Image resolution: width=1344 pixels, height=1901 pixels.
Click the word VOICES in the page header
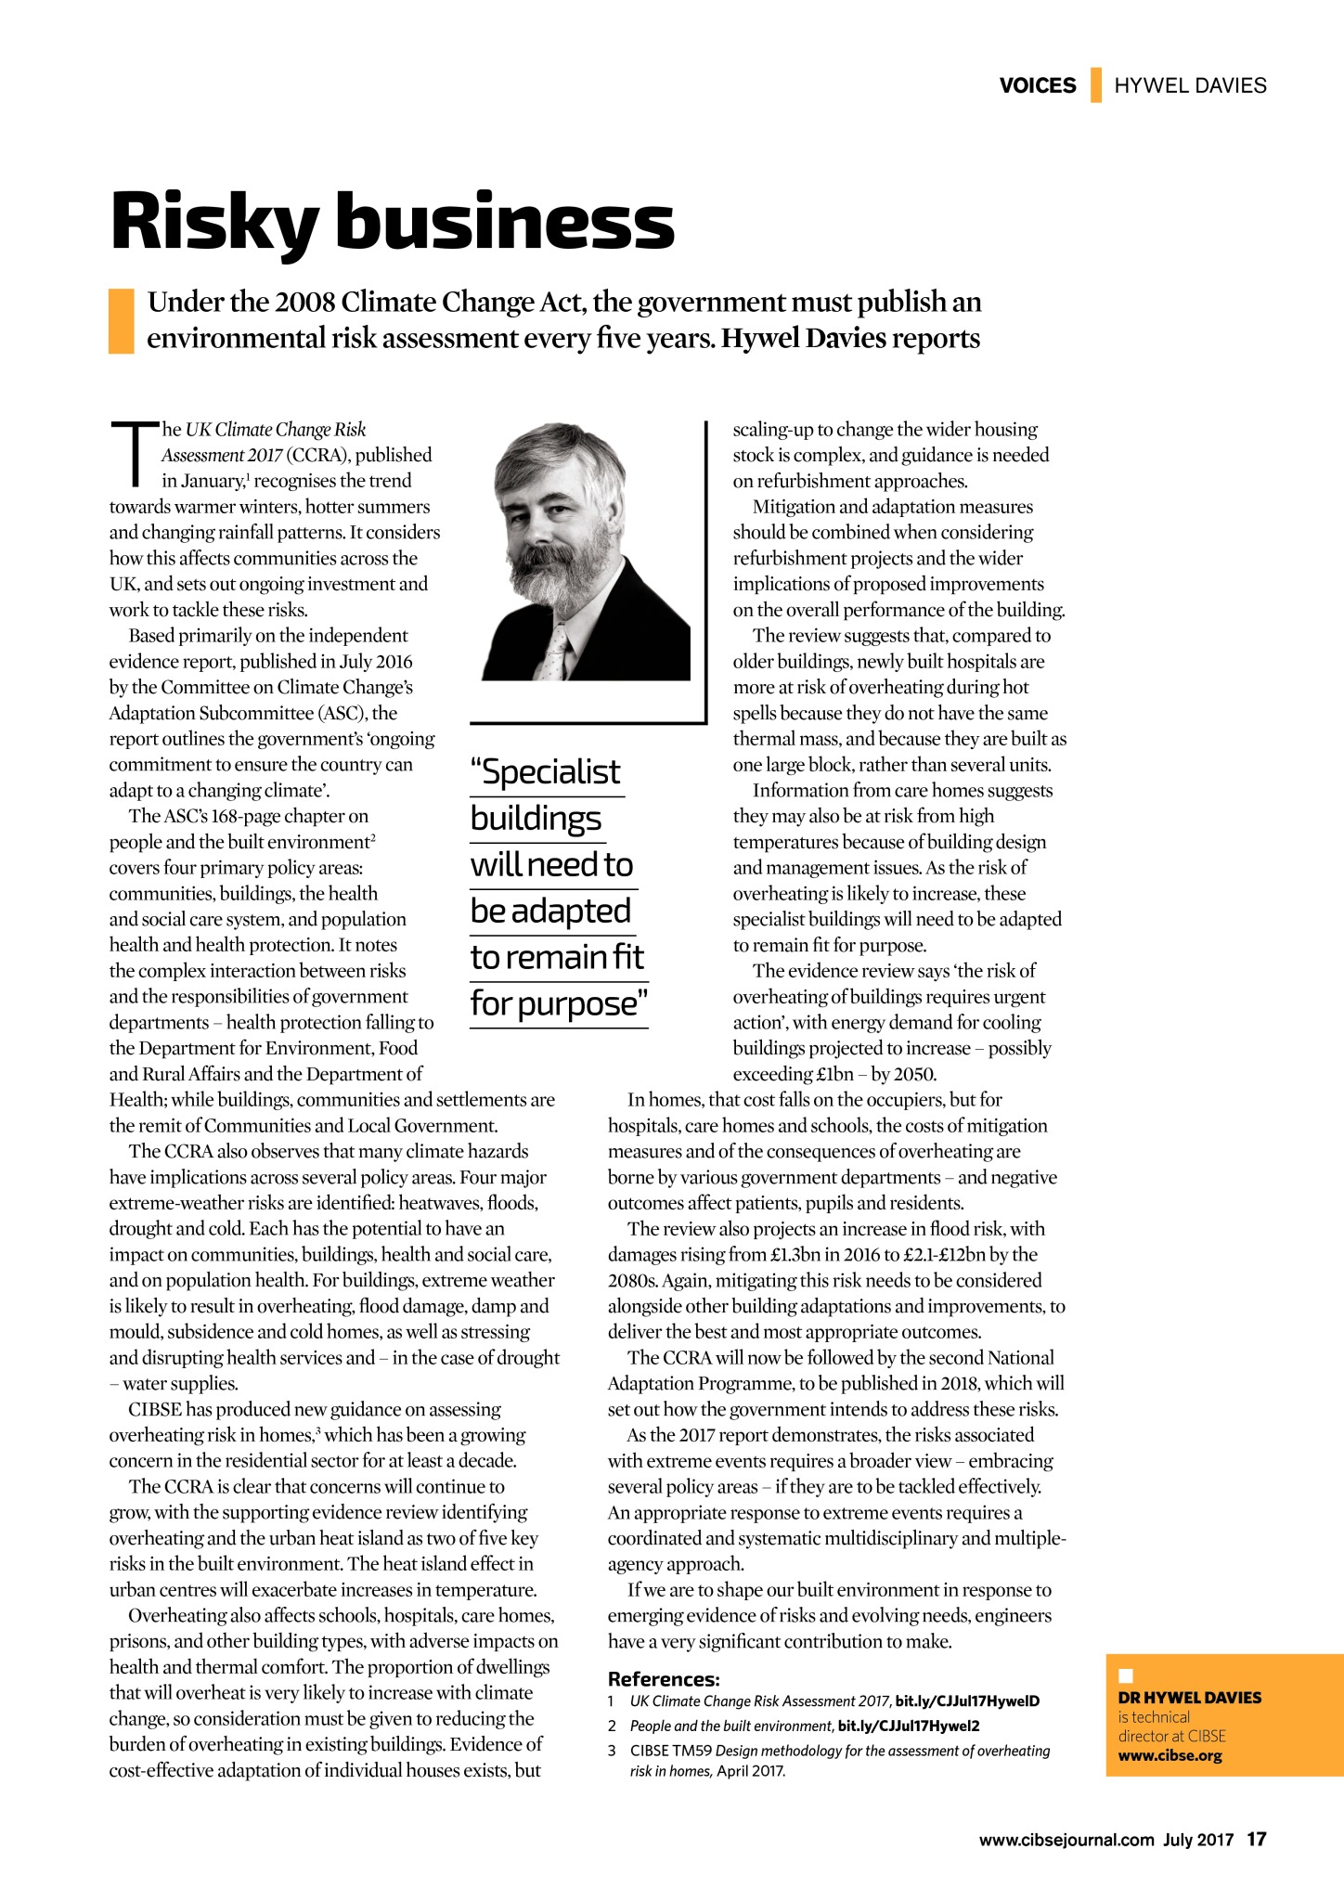(x=1037, y=85)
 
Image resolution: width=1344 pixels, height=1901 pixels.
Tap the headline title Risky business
(x=392, y=223)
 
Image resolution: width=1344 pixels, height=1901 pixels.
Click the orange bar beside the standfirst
(x=122, y=320)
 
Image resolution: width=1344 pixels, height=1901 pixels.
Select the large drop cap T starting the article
(x=134, y=455)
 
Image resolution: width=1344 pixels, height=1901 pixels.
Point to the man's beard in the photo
(x=557, y=576)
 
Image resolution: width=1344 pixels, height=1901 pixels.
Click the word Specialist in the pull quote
(x=546, y=772)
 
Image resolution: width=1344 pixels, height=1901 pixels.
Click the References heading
(x=664, y=1678)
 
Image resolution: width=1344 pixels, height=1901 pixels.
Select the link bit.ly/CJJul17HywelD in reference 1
(x=967, y=1701)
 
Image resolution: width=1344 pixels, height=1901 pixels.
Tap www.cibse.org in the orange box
(x=1170, y=1755)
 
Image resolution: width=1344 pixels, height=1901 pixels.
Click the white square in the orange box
(x=1126, y=1676)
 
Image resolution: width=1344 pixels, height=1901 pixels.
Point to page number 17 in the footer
(x=1256, y=1839)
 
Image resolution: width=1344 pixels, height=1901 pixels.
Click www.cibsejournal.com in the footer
(x=1066, y=1840)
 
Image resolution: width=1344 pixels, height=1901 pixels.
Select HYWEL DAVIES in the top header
(x=1190, y=85)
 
